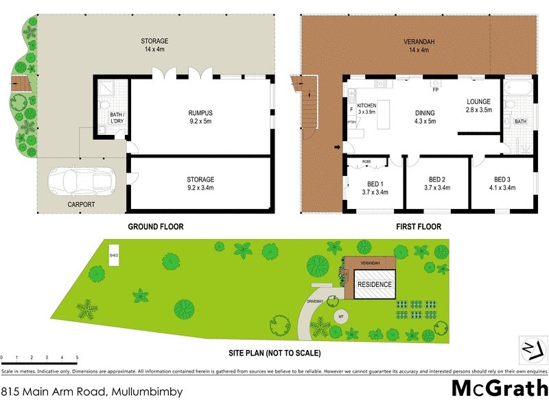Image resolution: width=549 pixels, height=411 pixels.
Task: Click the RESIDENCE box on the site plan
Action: coord(374,284)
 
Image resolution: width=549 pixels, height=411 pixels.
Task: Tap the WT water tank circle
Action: coord(340,316)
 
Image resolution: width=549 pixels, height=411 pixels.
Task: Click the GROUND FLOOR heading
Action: coord(156,227)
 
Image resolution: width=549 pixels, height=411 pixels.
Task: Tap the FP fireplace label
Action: coord(435,90)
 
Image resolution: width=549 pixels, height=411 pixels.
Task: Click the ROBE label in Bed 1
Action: coord(358,162)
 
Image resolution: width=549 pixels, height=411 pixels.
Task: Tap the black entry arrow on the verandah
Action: coord(337,147)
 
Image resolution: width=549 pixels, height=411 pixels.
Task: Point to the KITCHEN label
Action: coord(366,105)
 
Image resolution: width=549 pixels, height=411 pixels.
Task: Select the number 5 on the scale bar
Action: coord(77,358)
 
